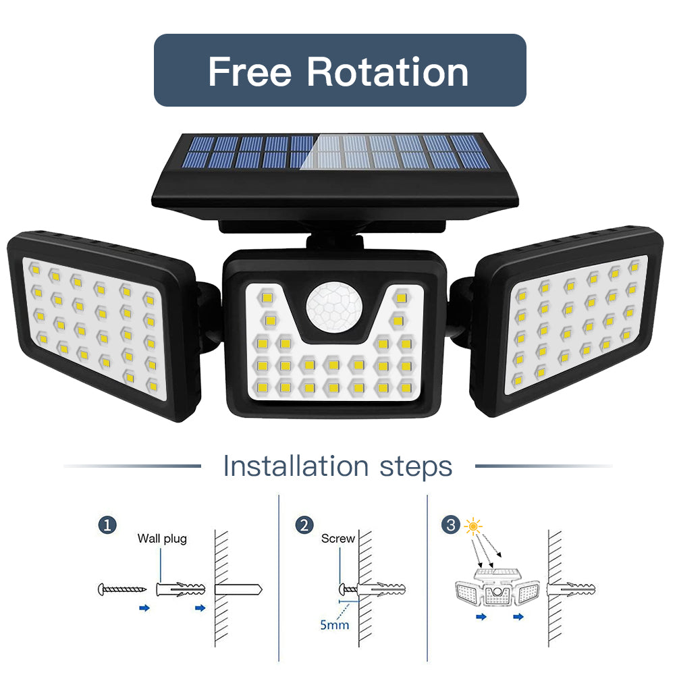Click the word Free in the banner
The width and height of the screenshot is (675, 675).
(x=250, y=72)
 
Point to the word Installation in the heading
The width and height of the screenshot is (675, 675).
(x=296, y=466)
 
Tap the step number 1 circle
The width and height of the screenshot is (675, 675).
(x=107, y=524)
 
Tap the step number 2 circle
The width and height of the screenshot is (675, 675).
(x=304, y=524)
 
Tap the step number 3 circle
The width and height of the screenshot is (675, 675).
(x=451, y=524)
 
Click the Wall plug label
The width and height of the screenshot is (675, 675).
(x=162, y=539)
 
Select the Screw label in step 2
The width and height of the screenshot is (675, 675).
(x=337, y=539)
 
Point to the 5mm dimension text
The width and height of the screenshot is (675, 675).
(x=335, y=624)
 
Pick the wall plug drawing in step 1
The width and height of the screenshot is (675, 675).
(x=180, y=589)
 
